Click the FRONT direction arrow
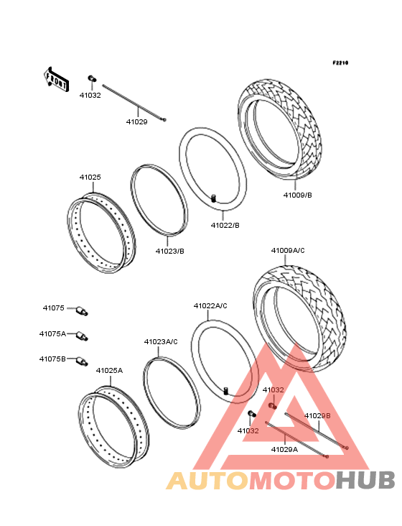(56, 79)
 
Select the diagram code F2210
(340, 63)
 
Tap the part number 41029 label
(136, 121)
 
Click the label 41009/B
(297, 195)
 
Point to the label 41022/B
(225, 225)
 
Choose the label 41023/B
(170, 251)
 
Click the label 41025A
(109, 370)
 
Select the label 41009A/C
(288, 251)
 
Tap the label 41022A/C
(210, 305)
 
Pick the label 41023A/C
(161, 341)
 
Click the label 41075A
(52, 334)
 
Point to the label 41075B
(52, 359)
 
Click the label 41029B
(317, 415)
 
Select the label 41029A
(284, 449)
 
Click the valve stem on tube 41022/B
(213, 198)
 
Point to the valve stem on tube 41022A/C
(226, 391)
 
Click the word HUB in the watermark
(366, 481)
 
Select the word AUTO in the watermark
(207, 481)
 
